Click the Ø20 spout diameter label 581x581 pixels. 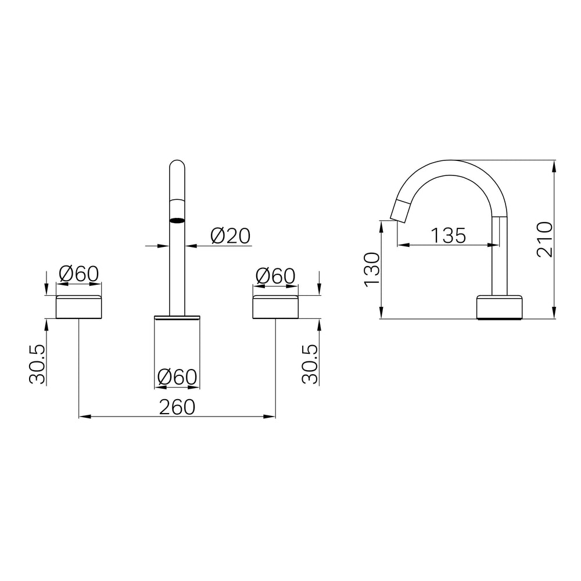click(x=231, y=236)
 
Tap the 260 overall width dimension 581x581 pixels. click(x=177, y=407)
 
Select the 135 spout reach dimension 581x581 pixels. click(x=449, y=235)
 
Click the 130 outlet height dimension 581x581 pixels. click(x=372, y=269)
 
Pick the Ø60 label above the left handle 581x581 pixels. click(x=79, y=274)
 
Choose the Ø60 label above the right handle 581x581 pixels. click(x=275, y=276)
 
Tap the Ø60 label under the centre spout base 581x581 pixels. click(x=177, y=377)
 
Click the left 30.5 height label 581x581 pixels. click(x=37, y=364)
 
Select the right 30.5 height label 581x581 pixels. click(x=310, y=364)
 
